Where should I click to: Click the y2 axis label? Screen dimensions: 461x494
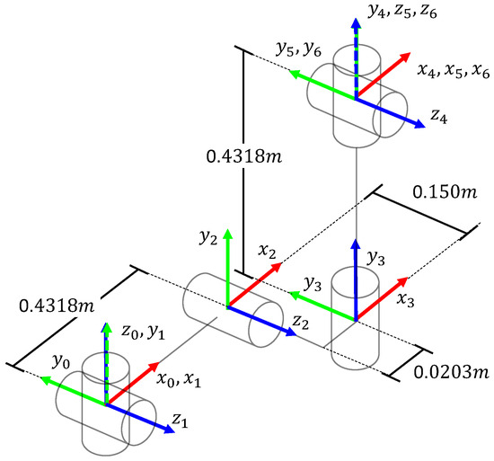(x=209, y=238)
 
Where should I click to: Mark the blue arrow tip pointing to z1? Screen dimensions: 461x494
(x=170, y=430)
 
